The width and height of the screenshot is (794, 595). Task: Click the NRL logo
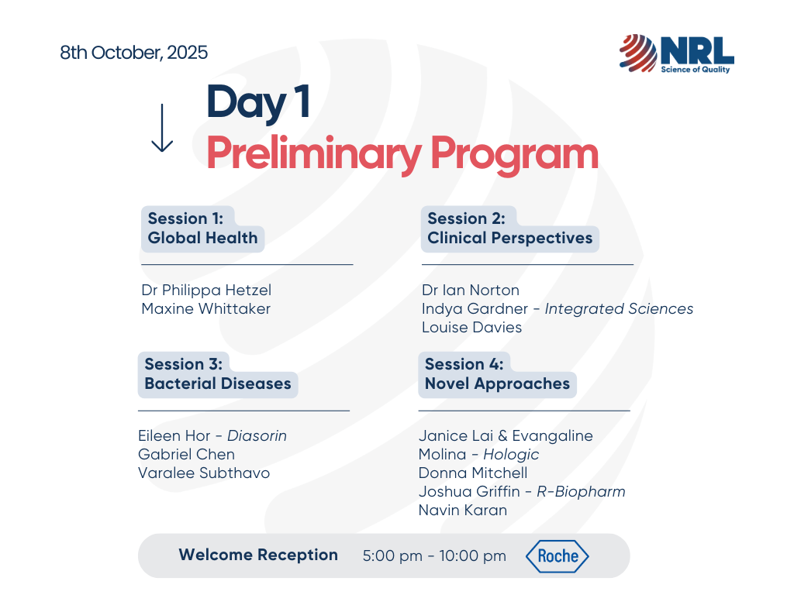[x=676, y=53]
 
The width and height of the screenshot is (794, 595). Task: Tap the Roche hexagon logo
[x=557, y=556]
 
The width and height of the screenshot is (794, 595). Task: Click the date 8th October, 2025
[x=133, y=53]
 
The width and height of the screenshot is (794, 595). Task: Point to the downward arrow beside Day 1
[x=162, y=128]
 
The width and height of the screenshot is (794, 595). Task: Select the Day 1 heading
[x=258, y=103]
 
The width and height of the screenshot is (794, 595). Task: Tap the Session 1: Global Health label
[x=202, y=229]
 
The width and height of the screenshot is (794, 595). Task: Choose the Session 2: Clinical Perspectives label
[x=510, y=229]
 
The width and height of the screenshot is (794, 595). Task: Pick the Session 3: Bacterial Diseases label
[x=218, y=374]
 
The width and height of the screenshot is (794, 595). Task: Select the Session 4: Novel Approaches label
[x=497, y=374]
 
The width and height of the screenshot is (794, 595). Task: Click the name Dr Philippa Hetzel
[x=206, y=291]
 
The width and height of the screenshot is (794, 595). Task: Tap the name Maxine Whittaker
[x=206, y=308]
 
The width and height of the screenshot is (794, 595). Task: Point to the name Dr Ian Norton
[x=471, y=290]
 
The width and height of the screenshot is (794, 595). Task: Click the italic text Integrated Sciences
[x=619, y=309]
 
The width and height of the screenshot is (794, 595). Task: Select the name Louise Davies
[x=472, y=328]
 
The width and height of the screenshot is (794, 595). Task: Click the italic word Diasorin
[x=257, y=435]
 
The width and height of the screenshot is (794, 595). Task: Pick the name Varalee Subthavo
[x=204, y=473]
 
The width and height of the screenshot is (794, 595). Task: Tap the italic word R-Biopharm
[x=581, y=492]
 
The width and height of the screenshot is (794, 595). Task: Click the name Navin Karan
[x=463, y=510]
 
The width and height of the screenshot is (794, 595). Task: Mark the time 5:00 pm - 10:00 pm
[x=434, y=556]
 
